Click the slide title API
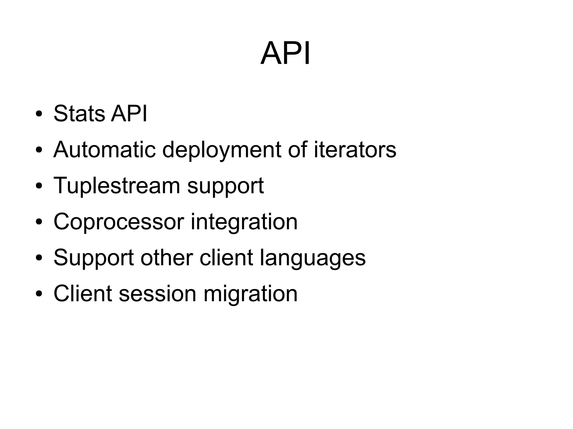(285, 53)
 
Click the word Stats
(79, 114)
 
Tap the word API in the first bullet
(129, 114)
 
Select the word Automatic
(104, 150)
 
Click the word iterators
(355, 150)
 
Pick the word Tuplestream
(117, 186)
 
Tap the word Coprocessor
(119, 222)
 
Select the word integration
(244, 222)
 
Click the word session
(158, 294)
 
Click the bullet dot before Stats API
(39, 115)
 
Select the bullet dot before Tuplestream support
(39, 186)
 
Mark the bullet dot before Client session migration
(39, 294)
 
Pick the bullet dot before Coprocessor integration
(39, 222)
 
